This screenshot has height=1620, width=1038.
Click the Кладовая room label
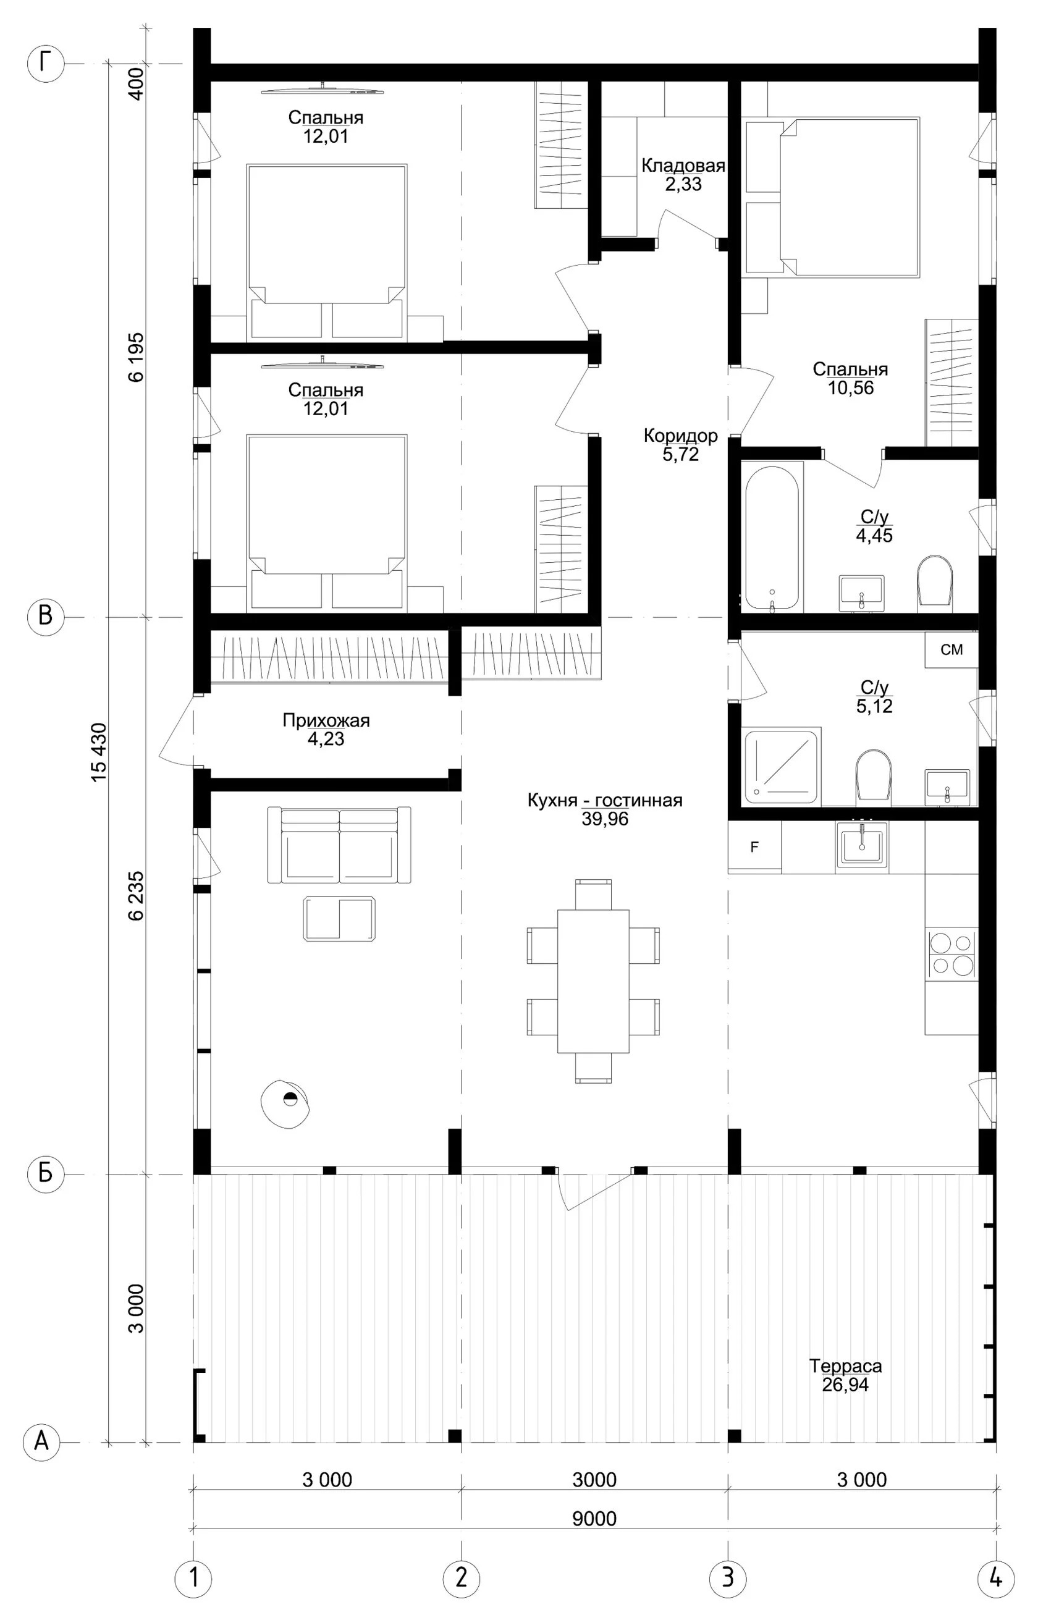tap(683, 166)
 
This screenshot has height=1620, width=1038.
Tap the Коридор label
tap(681, 436)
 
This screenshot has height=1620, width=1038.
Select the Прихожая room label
tap(326, 720)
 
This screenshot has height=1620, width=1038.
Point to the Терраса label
tap(845, 1366)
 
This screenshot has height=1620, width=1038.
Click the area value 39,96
tap(605, 819)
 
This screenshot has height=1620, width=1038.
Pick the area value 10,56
tap(851, 387)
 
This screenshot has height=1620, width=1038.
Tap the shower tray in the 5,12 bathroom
tap(782, 766)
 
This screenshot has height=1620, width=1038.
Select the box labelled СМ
tap(951, 649)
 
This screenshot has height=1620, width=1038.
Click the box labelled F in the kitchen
tap(755, 847)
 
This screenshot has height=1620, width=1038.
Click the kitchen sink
tap(862, 845)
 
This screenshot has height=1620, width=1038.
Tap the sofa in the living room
tap(339, 845)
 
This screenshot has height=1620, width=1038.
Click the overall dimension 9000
tap(594, 1518)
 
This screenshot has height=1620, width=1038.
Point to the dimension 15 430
tap(98, 752)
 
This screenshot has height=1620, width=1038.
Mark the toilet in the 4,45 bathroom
tap(935, 580)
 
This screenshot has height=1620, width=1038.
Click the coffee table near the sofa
tap(339, 919)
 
